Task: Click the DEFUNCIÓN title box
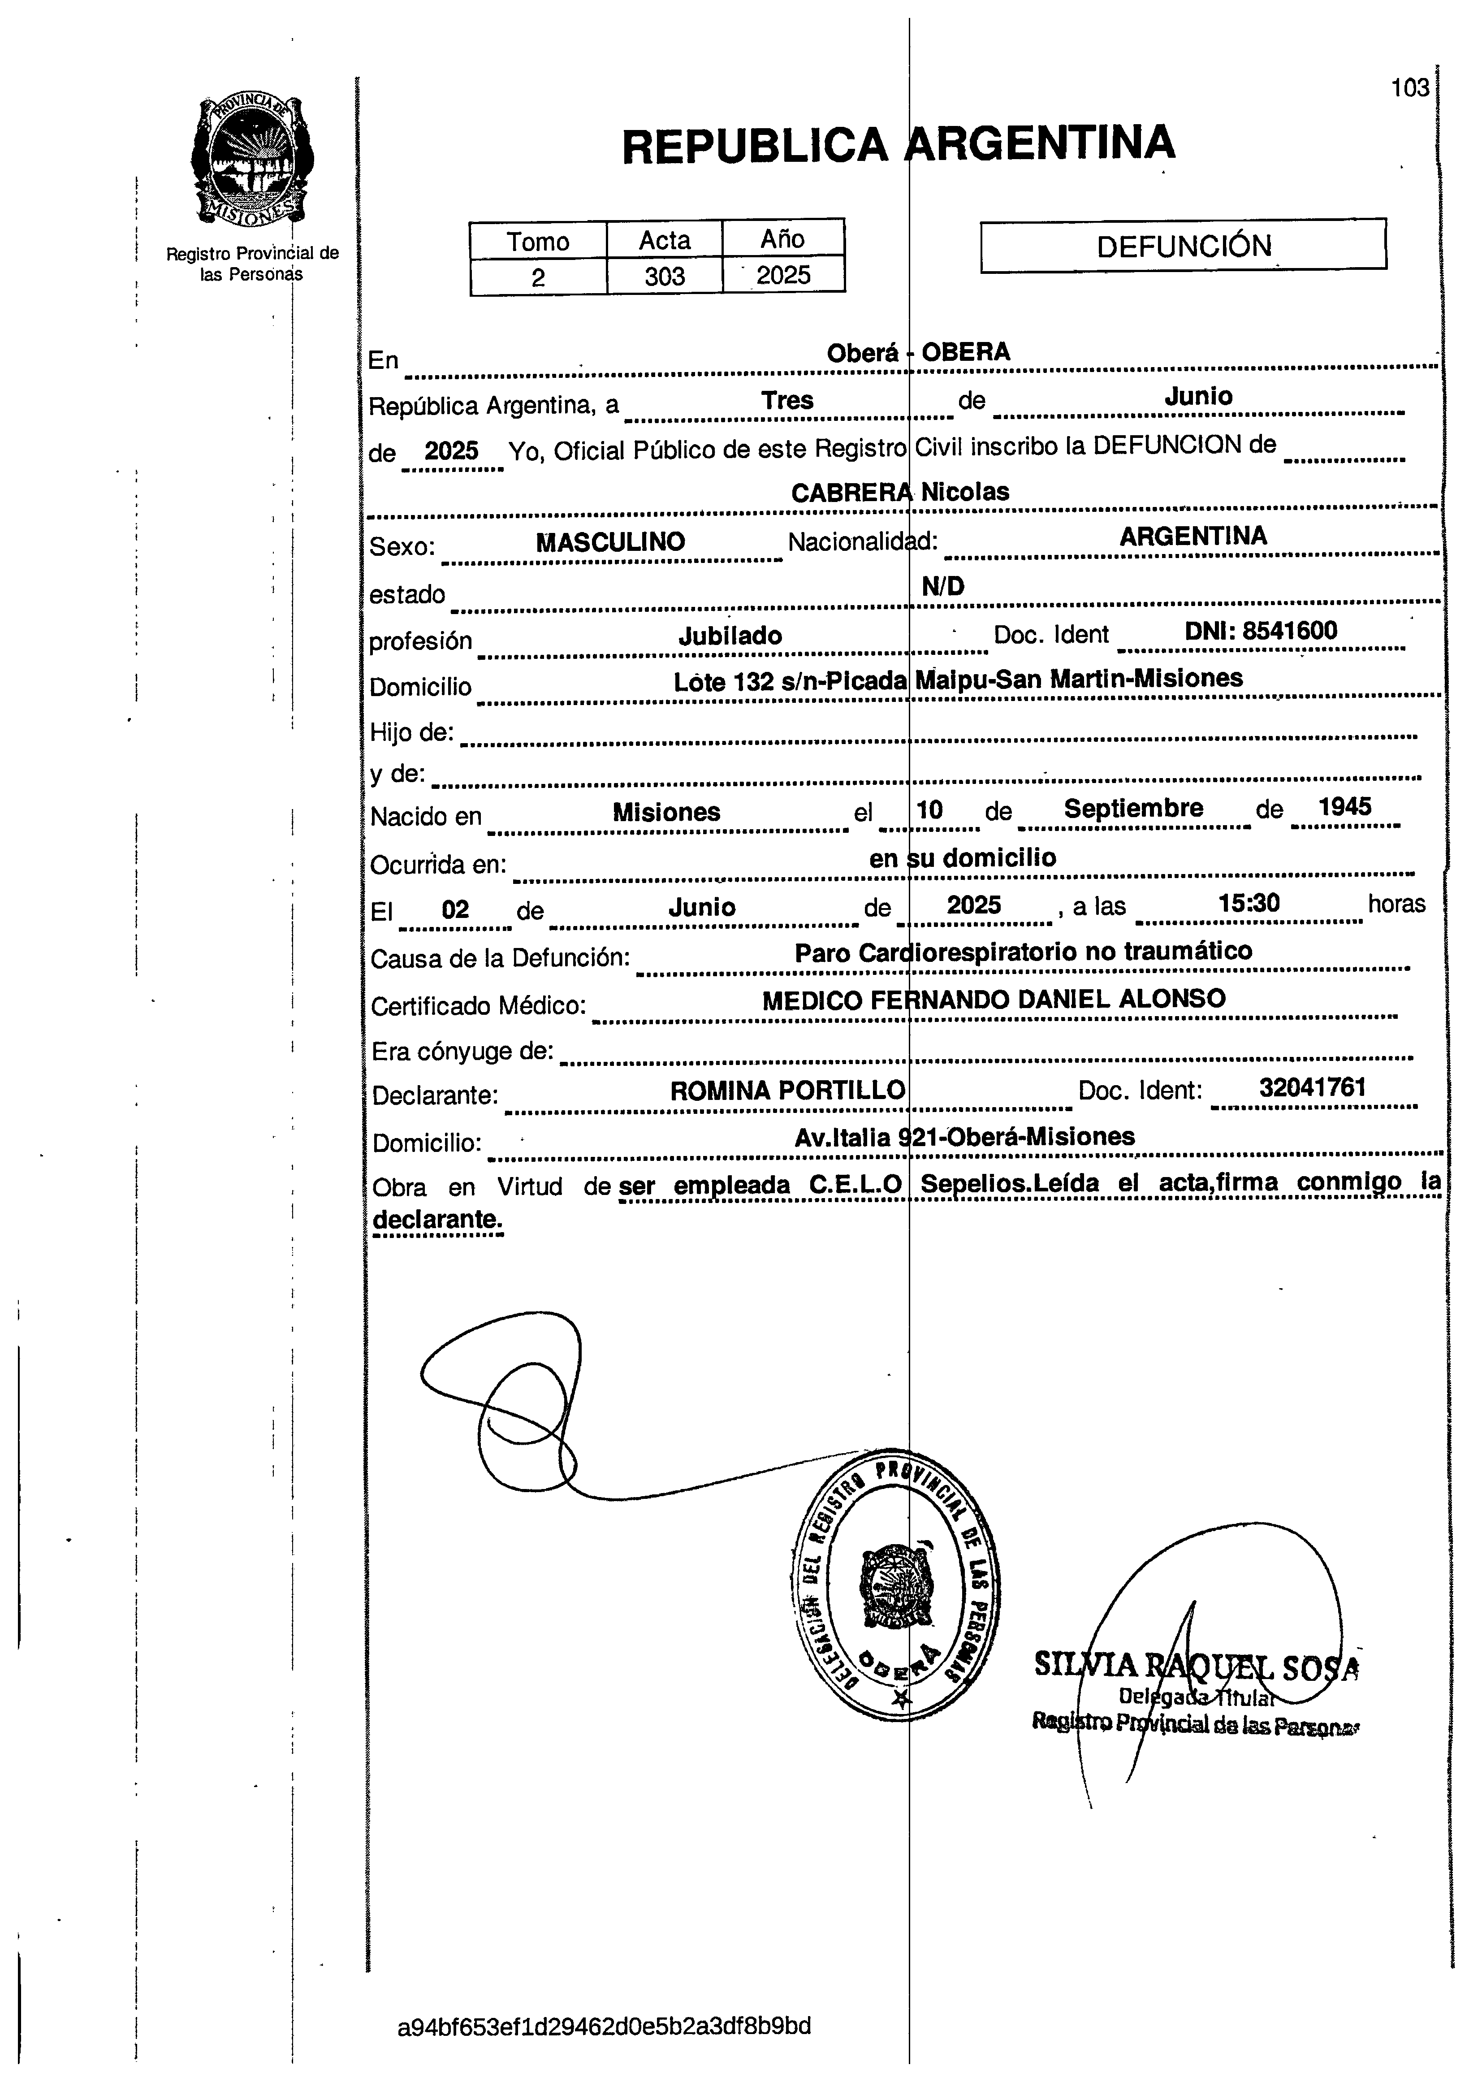(1184, 246)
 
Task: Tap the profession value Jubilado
(730, 636)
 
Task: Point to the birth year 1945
(1345, 807)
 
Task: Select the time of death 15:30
(1249, 904)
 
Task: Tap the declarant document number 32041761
(1312, 1087)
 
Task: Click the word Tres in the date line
(787, 401)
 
